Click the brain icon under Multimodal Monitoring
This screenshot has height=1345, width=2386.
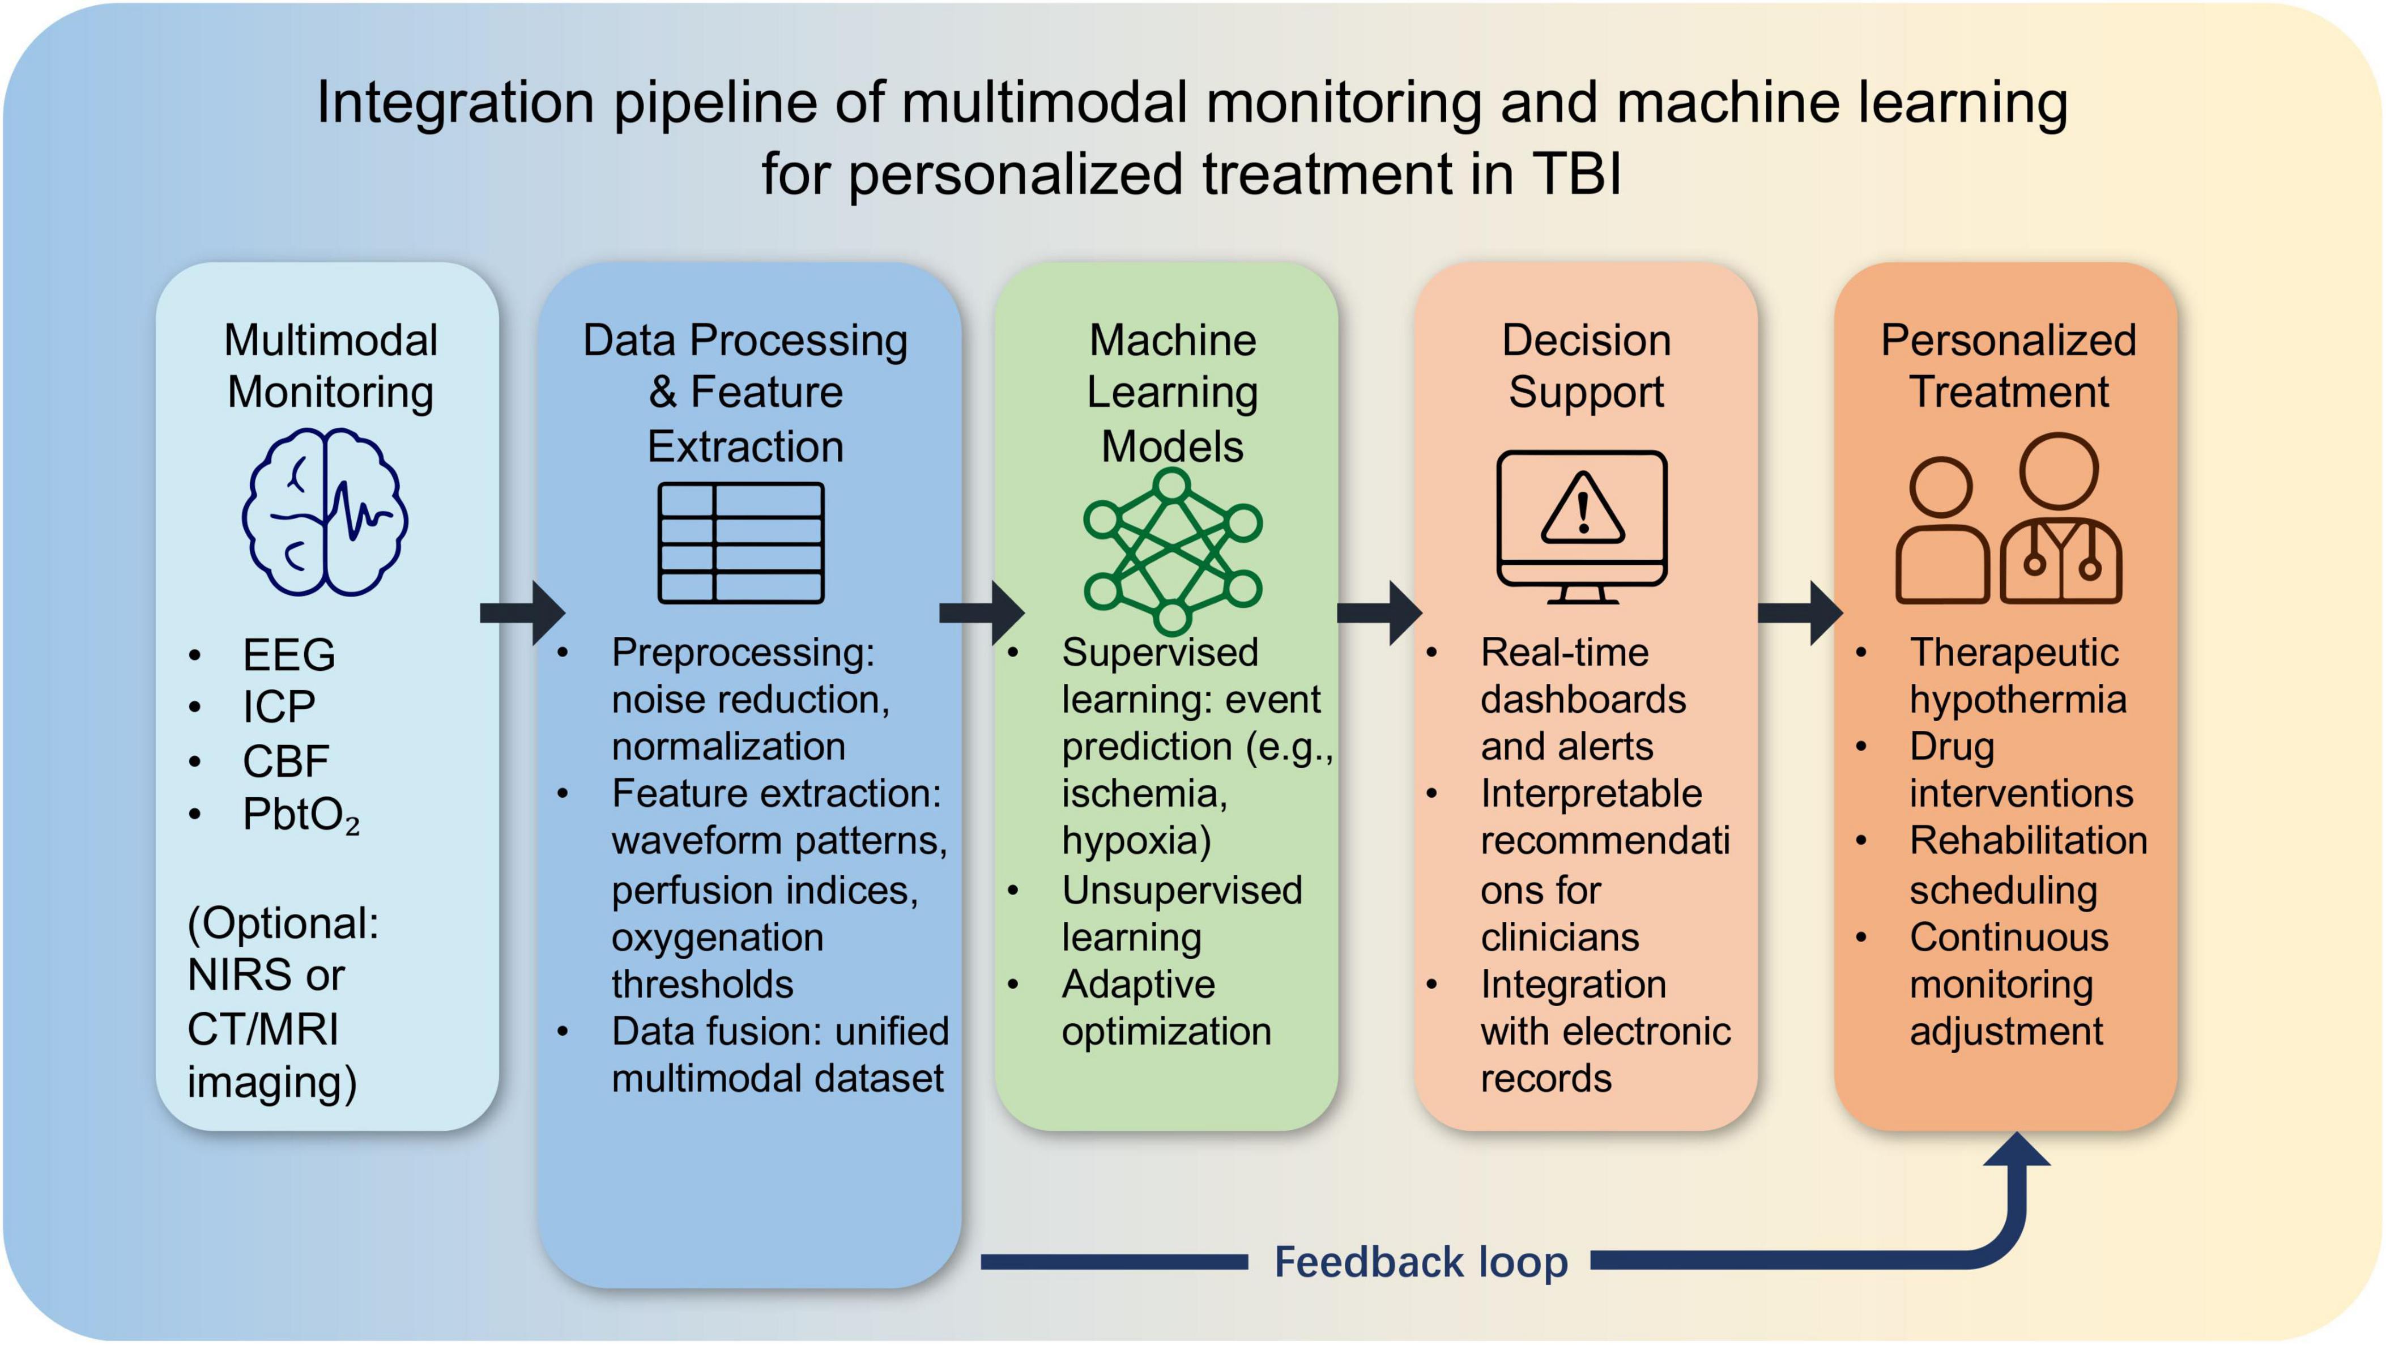pyautogui.click(x=325, y=512)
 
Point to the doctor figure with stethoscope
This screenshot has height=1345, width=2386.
pyautogui.click(x=2060, y=521)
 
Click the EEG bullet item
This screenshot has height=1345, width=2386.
pyautogui.click(x=288, y=655)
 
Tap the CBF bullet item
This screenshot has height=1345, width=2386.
pyautogui.click(x=286, y=761)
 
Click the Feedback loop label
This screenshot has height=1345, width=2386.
pyautogui.click(x=1421, y=1262)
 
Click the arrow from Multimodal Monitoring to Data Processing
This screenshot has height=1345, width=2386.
pyautogui.click(x=523, y=612)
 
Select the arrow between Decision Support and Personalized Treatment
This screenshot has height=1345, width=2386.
pyautogui.click(x=1800, y=612)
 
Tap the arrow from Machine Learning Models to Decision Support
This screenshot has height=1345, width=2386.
pyautogui.click(x=1379, y=612)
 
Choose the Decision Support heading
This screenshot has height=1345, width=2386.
pyautogui.click(x=1586, y=366)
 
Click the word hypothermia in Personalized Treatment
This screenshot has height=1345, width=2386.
pyautogui.click(x=2017, y=699)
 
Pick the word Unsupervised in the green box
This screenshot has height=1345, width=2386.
pyautogui.click(x=1182, y=890)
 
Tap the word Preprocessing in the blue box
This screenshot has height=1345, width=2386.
pyautogui.click(x=743, y=652)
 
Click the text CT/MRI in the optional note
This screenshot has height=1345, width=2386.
pyautogui.click(x=263, y=1029)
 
